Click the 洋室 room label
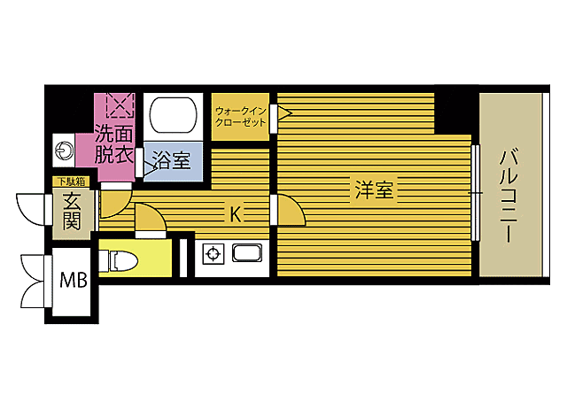[x=374, y=189]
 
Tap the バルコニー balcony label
[x=509, y=197]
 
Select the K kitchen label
[x=236, y=215]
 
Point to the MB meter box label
[x=74, y=280]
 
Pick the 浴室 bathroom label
[x=171, y=159]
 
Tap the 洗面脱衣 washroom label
[x=114, y=144]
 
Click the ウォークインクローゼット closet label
[x=240, y=116]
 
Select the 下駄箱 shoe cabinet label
[x=72, y=182]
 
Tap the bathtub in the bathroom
[x=174, y=115]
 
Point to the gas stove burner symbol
[x=213, y=254]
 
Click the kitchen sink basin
[x=247, y=253]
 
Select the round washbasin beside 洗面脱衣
[x=65, y=150]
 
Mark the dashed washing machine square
[x=120, y=105]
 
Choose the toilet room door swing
[x=151, y=217]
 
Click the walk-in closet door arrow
[x=284, y=113]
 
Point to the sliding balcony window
[x=476, y=193]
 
